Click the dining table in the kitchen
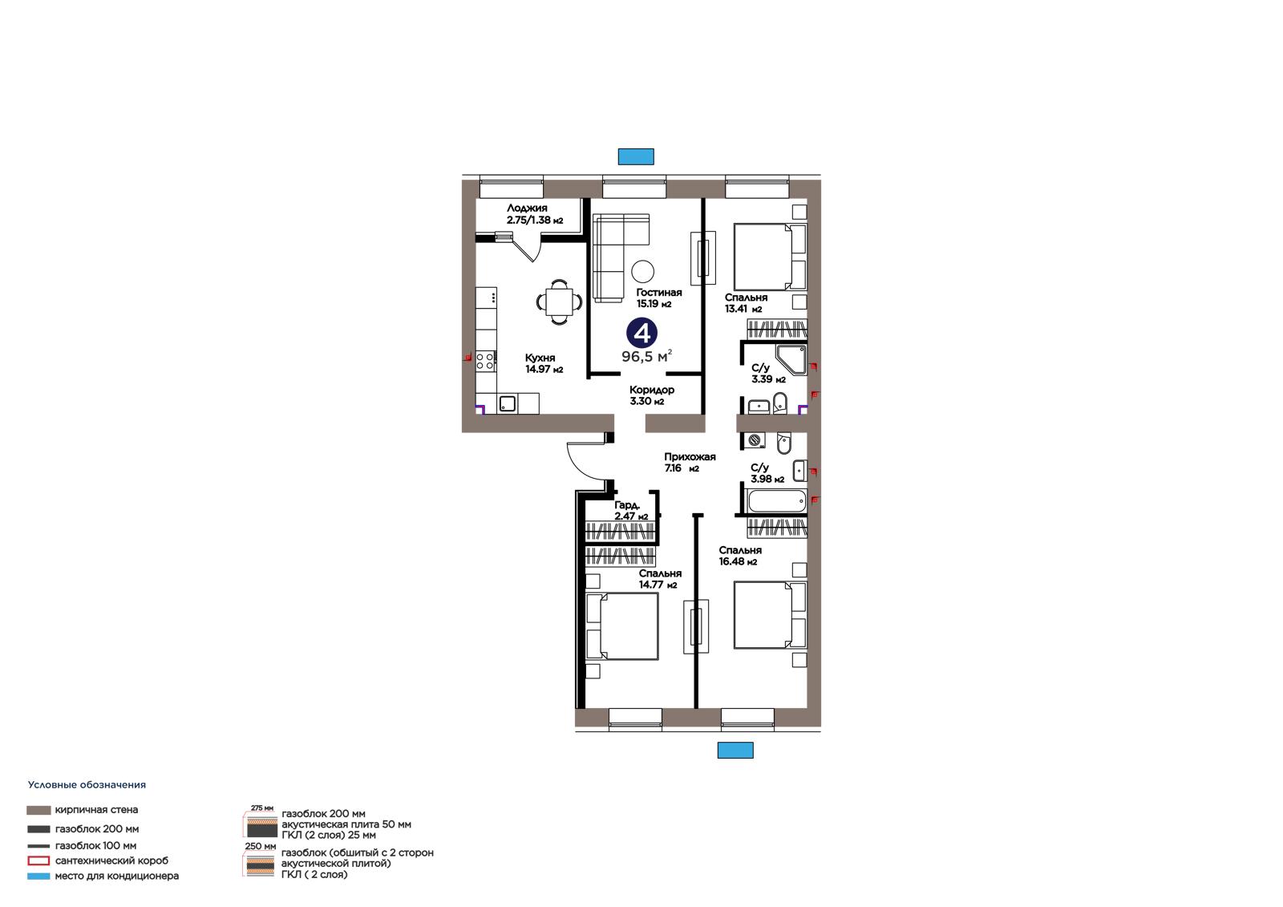559,302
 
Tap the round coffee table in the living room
643,271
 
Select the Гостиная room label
658,292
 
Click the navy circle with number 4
641,333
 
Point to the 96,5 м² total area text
646,357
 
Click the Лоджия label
527,208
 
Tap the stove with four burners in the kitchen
486,360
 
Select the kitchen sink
508,404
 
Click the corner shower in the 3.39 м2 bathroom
791,359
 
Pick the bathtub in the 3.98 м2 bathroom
777,501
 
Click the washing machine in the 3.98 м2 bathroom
755,440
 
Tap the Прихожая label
690,456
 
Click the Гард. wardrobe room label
627,505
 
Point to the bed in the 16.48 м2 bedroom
771,615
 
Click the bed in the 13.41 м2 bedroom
771,257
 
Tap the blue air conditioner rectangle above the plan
636,156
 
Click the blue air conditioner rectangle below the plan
735,750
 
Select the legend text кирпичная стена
96,810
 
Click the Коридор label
652,390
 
